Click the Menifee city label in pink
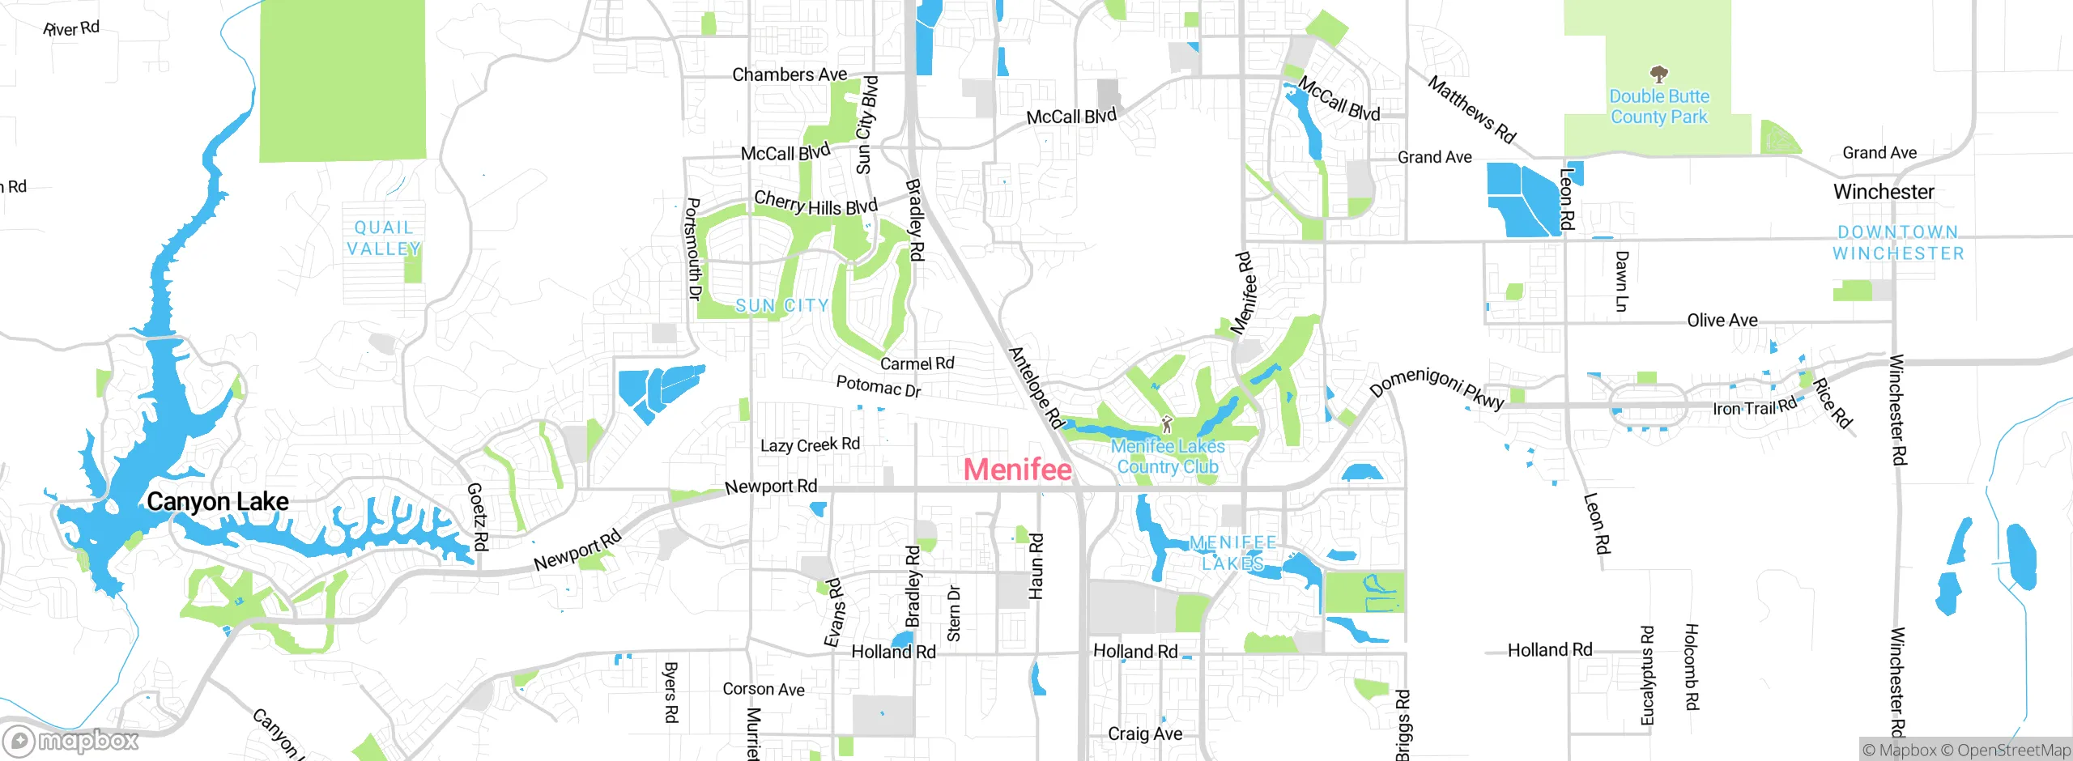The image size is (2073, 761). (1018, 470)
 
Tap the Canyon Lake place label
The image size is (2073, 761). (217, 502)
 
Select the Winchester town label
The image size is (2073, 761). (1884, 192)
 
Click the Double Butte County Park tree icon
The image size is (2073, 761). (1658, 74)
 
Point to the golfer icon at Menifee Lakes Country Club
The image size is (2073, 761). (1167, 423)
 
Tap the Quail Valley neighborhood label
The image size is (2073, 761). (384, 239)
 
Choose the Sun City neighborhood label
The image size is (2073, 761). (781, 306)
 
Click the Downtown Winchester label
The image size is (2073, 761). (1898, 243)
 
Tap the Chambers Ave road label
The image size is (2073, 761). (790, 74)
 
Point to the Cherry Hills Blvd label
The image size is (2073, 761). (815, 202)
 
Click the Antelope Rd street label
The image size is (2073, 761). (1035, 388)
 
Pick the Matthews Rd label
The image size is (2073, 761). (1471, 109)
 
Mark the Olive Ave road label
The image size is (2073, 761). (1722, 321)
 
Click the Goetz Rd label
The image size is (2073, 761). (477, 517)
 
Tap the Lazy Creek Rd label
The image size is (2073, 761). (810, 444)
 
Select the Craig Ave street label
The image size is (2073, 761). (1145, 733)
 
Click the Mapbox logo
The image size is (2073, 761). (71, 741)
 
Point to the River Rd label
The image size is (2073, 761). (71, 28)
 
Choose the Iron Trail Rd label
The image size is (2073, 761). (1754, 407)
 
